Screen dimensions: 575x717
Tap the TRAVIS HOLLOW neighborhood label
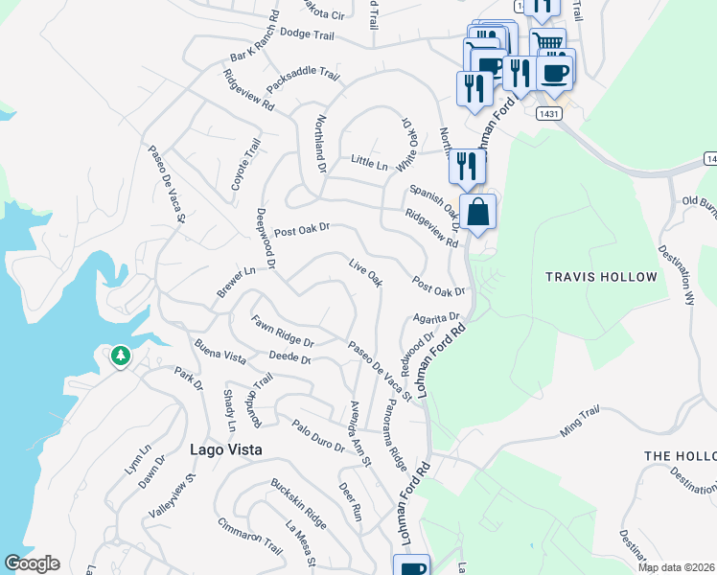coord(601,277)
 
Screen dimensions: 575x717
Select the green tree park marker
coord(120,357)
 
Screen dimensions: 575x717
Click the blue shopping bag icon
coord(477,213)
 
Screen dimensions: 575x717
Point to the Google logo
coord(32,563)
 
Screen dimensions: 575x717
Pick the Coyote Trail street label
coord(246,164)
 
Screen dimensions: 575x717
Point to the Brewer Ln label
coord(235,283)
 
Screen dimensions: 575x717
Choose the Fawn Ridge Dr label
coord(283,331)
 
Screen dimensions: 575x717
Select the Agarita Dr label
coord(437,317)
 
